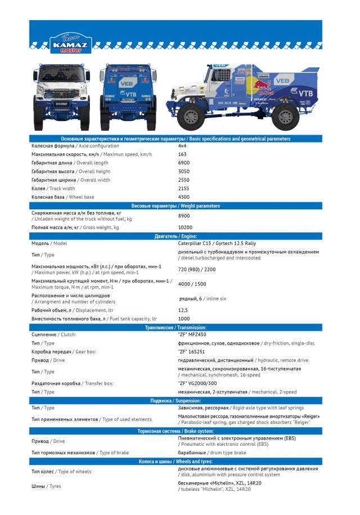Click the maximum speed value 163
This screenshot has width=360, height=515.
(182, 154)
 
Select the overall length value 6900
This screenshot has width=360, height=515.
(183, 163)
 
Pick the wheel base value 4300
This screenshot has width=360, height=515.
(183, 197)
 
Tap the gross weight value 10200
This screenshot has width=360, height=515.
(185, 227)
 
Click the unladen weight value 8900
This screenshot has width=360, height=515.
(183, 216)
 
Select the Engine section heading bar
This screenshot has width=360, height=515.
(175, 236)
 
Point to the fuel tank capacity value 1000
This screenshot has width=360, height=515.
(183, 319)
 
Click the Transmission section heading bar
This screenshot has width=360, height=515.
(175, 327)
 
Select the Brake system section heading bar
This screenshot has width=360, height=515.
(175, 431)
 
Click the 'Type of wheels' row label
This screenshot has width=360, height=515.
(61, 471)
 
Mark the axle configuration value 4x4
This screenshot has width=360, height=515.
(182, 146)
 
